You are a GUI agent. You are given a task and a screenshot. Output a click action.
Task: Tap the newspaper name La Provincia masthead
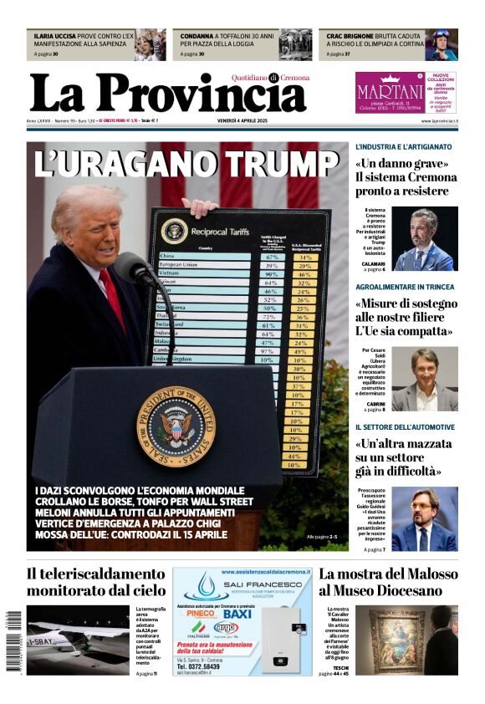click(x=167, y=92)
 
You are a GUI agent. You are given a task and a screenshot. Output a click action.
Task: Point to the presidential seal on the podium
click(x=176, y=426)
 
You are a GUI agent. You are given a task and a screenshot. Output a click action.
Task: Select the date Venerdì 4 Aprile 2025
click(x=242, y=120)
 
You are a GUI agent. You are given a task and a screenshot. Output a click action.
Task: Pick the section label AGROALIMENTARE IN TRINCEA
click(x=405, y=287)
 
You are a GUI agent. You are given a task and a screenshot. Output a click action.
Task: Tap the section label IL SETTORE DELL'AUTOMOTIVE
click(x=405, y=427)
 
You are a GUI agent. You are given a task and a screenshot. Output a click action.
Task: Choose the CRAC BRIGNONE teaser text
click(x=369, y=37)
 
